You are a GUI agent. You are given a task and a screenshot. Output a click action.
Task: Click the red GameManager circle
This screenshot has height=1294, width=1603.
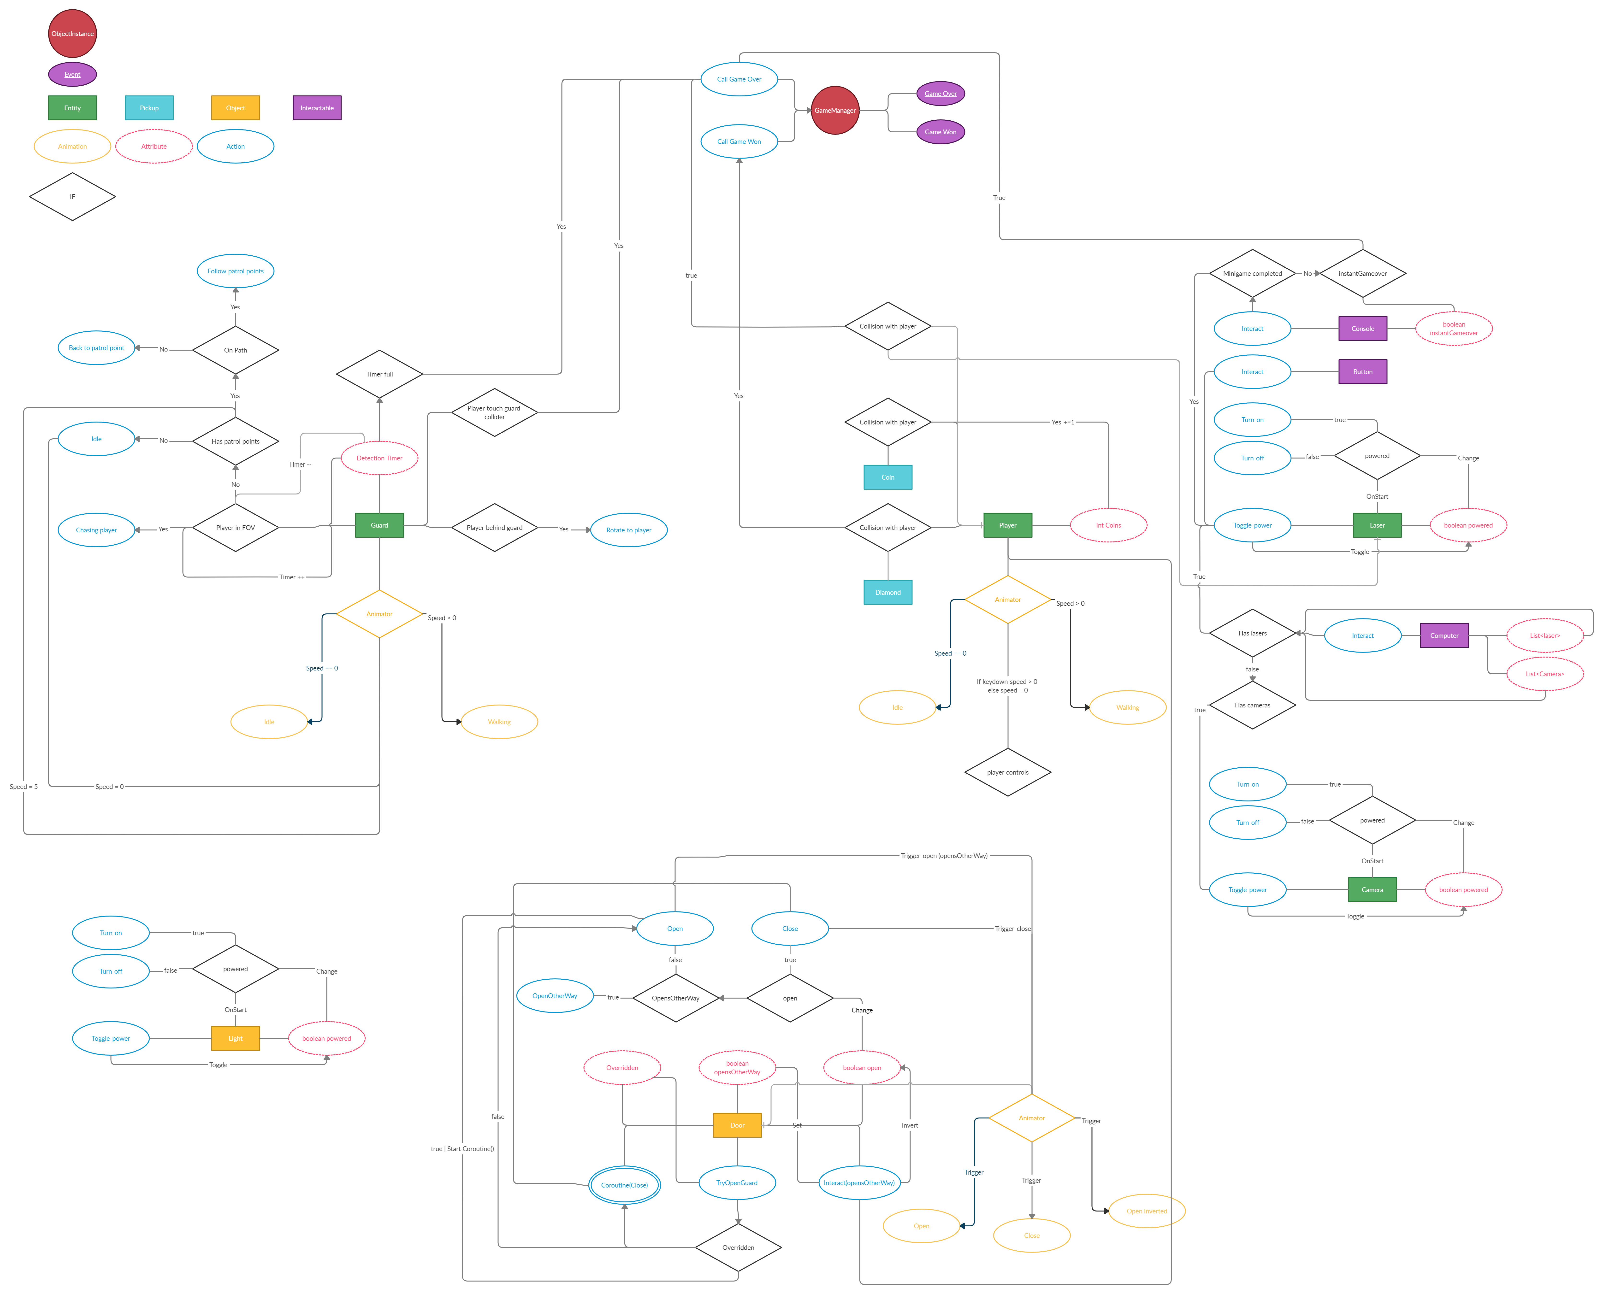tap(835, 110)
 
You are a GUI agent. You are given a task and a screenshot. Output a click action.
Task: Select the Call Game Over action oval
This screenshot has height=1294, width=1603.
tap(739, 79)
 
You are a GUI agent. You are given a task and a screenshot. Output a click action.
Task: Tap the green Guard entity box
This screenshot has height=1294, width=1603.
tap(379, 525)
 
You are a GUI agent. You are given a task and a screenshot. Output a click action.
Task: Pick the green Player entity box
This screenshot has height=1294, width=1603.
tap(1007, 525)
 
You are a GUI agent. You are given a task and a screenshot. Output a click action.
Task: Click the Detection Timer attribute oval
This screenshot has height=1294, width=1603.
tap(379, 459)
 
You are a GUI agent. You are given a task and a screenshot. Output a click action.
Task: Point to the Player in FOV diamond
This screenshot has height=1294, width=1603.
tap(236, 528)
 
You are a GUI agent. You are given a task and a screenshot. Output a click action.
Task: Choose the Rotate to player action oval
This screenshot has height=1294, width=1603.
tap(628, 530)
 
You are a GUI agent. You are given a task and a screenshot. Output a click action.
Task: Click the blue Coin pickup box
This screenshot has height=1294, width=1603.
tap(888, 477)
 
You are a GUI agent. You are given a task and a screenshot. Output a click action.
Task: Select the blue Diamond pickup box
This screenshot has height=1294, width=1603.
tap(888, 593)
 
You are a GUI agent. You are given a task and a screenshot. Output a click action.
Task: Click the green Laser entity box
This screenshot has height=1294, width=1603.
tap(1377, 525)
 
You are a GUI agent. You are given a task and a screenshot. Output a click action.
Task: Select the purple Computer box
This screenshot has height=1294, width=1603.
tap(1444, 636)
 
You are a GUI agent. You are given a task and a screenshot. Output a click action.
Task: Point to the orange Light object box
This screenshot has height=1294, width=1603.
tap(236, 1038)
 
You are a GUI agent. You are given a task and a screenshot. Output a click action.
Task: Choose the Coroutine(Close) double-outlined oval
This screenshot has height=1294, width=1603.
tap(625, 1185)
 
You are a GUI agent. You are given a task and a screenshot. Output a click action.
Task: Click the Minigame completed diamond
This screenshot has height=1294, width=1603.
tap(1253, 274)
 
